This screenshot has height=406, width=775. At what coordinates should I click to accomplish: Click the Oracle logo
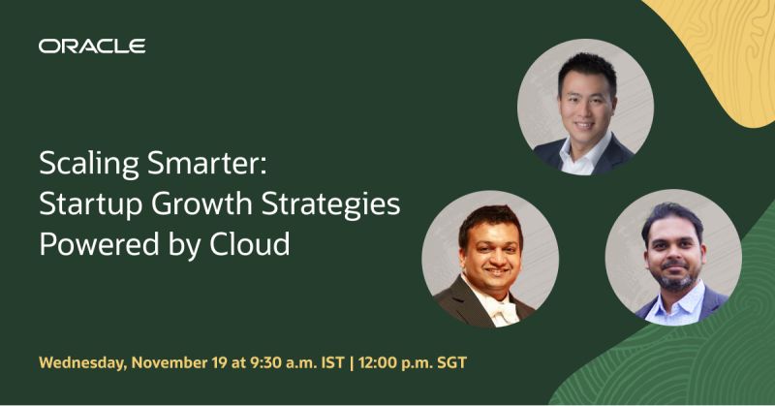coord(92,46)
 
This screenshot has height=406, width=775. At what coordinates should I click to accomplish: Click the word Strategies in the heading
coord(332,204)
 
